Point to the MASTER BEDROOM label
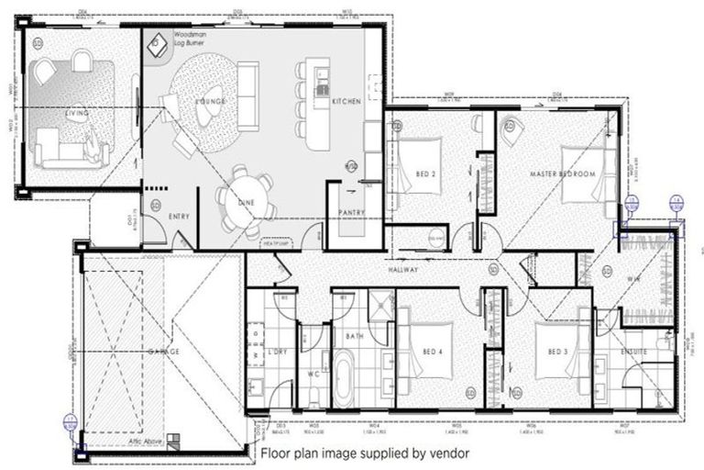pyautogui.click(x=562, y=173)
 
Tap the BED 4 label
pyautogui.click(x=433, y=352)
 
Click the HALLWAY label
pyautogui.click(x=402, y=271)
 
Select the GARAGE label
pyautogui.click(x=161, y=352)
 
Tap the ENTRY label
pyautogui.click(x=179, y=217)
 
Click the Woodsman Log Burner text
pyautogui.click(x=191, y=39)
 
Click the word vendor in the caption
pyautogui.click(x=450, y=453)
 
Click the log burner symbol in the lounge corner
pyautogui.click(x=157, y=42)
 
